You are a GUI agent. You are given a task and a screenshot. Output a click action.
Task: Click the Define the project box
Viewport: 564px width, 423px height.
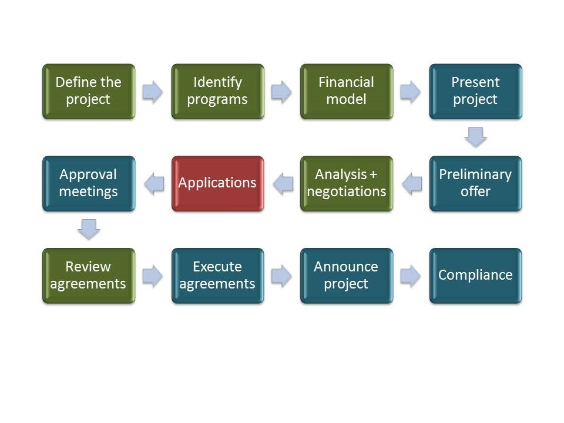tap(89, 92)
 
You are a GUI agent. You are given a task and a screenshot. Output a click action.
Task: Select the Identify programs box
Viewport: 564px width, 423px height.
tap(217, 92)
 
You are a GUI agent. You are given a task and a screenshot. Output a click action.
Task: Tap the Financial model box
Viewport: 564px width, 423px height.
tap(347, 92)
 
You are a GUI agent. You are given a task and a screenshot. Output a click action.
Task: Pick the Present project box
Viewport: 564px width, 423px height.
tap(475, 92)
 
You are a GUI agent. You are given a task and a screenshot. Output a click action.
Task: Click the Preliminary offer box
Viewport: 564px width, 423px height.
tap(475, 183)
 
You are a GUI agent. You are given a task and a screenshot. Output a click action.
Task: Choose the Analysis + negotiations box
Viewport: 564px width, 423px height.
tap(347, 183)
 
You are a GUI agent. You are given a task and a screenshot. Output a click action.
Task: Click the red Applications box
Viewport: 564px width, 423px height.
tap(217, 183)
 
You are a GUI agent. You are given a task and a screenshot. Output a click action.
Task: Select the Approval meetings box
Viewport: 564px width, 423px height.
tap(89, 183)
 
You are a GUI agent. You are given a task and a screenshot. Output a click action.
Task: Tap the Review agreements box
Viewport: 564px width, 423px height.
tap(89, 276)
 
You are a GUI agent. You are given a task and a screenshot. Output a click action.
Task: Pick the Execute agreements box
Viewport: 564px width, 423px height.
tap(217, 276)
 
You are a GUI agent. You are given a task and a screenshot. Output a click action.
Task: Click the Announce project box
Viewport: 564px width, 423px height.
tap(347, 276)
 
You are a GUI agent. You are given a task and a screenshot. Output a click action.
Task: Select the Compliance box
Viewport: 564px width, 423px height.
tap(475, 276)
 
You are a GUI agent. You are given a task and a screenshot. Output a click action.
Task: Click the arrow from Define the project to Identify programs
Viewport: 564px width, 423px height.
tap(153, 92)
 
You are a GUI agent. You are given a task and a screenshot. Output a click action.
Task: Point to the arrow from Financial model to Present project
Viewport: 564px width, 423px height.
tap(411, 92)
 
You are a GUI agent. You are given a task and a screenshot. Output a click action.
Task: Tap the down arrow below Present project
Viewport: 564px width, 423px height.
tap(475, 137)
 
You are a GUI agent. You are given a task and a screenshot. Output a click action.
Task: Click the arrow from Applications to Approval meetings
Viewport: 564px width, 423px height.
tap(154, 184)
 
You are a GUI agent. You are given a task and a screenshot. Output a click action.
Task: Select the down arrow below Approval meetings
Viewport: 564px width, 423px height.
tap(89, 229)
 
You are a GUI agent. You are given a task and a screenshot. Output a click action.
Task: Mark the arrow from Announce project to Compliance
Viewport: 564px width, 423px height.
tap(411, 276)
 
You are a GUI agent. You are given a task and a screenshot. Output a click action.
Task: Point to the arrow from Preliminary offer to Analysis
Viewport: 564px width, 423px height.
tap(412, 184)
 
